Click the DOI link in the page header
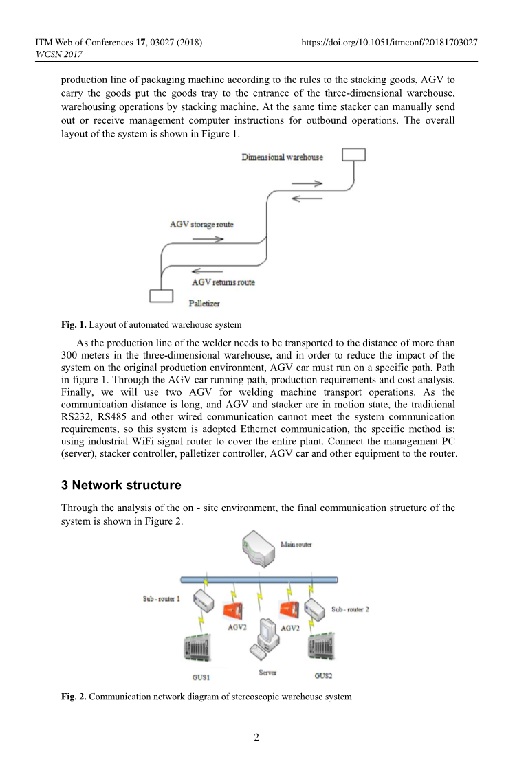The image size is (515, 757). tap(390, 43)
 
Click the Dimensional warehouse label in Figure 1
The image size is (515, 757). tap(282, 157)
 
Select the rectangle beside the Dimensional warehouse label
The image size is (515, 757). tap(353, 155)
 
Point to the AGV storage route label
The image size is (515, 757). tap(201, 225)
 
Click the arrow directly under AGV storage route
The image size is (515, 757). tap(208, 240)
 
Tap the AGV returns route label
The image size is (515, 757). tap(223, 282)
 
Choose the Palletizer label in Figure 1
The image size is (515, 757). tap(204, 303)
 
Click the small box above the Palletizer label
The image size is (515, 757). tap(162, 295)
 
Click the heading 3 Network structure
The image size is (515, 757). tap(121, 485)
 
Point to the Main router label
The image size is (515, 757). tap(296, 545)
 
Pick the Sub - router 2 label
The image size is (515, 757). tap(350, 609)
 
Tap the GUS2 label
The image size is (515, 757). tap(323, 675)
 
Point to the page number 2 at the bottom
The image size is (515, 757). tap(256, 738)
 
